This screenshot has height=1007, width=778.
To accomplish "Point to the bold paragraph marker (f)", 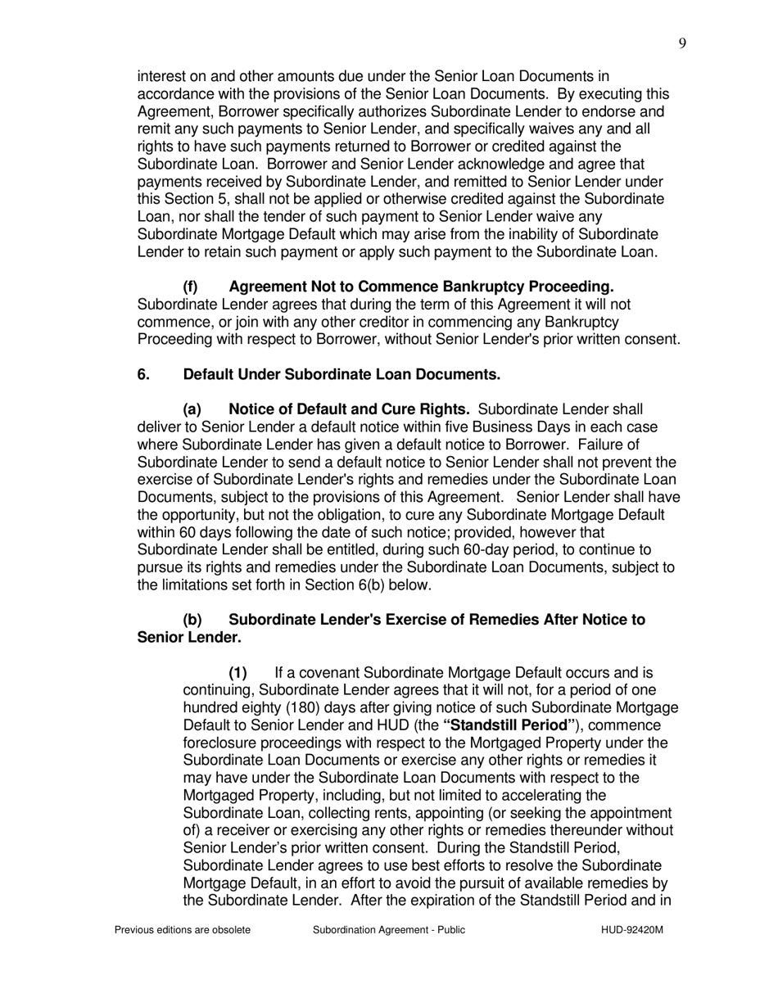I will pos(191,287).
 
